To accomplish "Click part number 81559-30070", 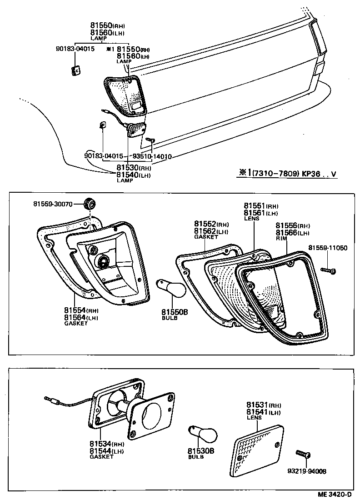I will pos(53,204).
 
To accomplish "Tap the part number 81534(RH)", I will pos(106,444).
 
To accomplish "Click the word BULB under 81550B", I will pos(169,318).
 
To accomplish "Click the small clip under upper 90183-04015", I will pos(75,70).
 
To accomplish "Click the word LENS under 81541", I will pos(253,417).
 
